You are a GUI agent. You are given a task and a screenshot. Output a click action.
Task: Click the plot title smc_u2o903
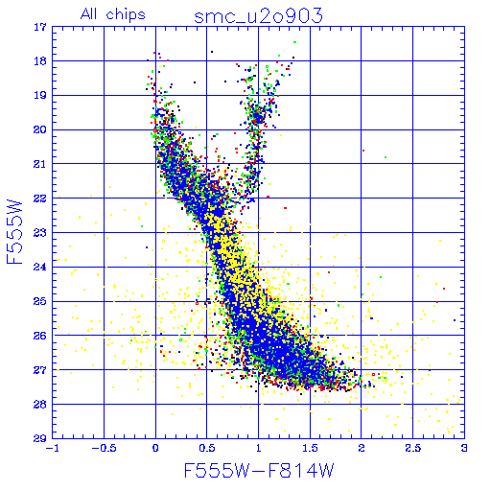[x=258, y=16]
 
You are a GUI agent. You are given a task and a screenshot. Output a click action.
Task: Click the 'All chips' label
[x=113, y=14]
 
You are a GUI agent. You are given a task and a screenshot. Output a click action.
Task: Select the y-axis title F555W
[x=14, y=232]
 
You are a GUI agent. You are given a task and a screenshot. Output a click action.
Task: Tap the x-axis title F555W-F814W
[x=259, y=471]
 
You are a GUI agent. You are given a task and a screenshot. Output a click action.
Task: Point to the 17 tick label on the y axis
[x=40, y=27]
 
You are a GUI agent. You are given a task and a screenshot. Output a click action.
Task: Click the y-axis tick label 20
[x=40, y=129]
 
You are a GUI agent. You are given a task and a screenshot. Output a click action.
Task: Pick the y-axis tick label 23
[x=40, y=233]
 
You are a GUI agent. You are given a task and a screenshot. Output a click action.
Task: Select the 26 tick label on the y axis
[x=40, y=336]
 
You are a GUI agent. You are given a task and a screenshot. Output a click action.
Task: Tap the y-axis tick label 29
[x=40, y=438]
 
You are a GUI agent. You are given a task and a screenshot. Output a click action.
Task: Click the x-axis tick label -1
[x=52, y=448]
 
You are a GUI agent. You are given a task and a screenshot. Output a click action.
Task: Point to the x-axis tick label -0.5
[x=104, y=448]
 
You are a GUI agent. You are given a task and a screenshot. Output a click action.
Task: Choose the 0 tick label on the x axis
[x=155, y=448]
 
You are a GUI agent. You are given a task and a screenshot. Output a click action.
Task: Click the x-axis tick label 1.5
[x=310, y=448]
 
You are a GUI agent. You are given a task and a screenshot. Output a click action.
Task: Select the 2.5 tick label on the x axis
[x=412, y=448]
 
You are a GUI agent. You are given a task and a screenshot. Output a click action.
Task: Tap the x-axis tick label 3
[x=464, y=448]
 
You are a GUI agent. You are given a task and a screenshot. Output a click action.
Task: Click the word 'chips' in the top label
[x=126, y=15]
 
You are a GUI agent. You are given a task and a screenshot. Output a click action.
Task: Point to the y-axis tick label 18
[x=40, y=61]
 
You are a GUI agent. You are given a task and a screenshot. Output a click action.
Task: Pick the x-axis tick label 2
[x=362, y=448]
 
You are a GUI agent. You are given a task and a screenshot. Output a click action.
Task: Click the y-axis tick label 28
[x=40, y=405]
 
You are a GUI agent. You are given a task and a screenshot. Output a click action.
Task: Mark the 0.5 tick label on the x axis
[x=207, y=448]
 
